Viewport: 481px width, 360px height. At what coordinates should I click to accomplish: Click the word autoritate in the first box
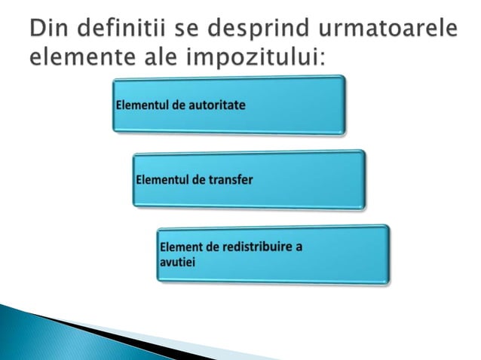[x=216, y=105]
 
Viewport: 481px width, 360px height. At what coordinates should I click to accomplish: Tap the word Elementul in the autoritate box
[x=142, y=105]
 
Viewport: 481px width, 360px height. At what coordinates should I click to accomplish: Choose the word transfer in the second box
[x=228, y=179]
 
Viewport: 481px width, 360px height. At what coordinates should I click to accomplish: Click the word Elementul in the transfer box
[x=163, y=179]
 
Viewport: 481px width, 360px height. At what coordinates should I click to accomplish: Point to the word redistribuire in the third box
[x=259, y=248]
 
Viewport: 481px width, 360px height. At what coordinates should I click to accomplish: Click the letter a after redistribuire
[x=300, y=248]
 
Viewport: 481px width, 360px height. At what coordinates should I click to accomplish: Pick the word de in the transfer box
[x=199, y=179]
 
